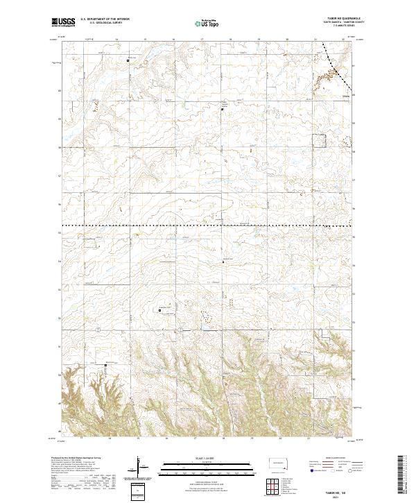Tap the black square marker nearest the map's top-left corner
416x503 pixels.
tap(128, 61)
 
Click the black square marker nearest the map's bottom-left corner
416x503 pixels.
tap(106, 364)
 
